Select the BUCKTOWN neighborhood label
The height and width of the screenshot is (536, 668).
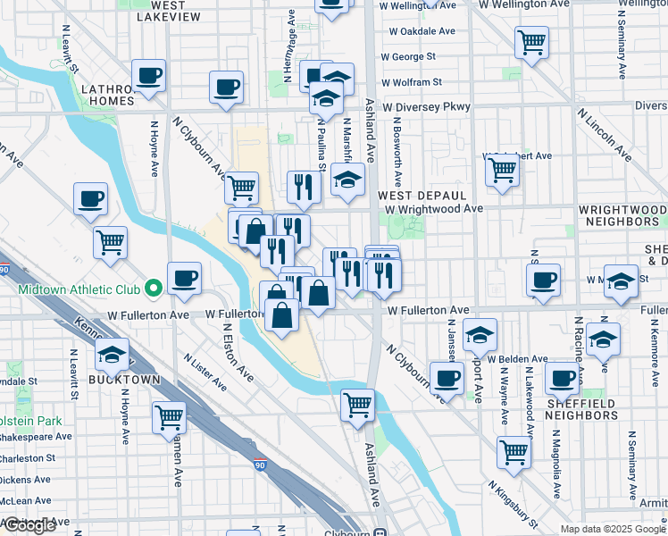tap(123, 380)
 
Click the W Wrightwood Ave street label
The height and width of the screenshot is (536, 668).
tap(434, 208)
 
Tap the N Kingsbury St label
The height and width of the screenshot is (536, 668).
tap(512, 504)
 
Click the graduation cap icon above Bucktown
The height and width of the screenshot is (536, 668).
tap(113, 356)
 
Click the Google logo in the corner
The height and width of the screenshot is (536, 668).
tap(30, 525)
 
